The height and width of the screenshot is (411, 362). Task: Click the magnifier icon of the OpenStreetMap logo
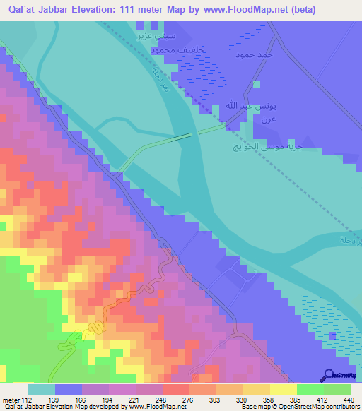pos(329,374)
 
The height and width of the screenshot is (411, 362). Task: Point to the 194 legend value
pos(109,400)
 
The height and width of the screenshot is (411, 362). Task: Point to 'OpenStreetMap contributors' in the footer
pos(317,407)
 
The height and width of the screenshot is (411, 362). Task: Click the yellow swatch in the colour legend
pos(284,389)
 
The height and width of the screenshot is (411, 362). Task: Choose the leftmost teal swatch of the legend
pos(42,389)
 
